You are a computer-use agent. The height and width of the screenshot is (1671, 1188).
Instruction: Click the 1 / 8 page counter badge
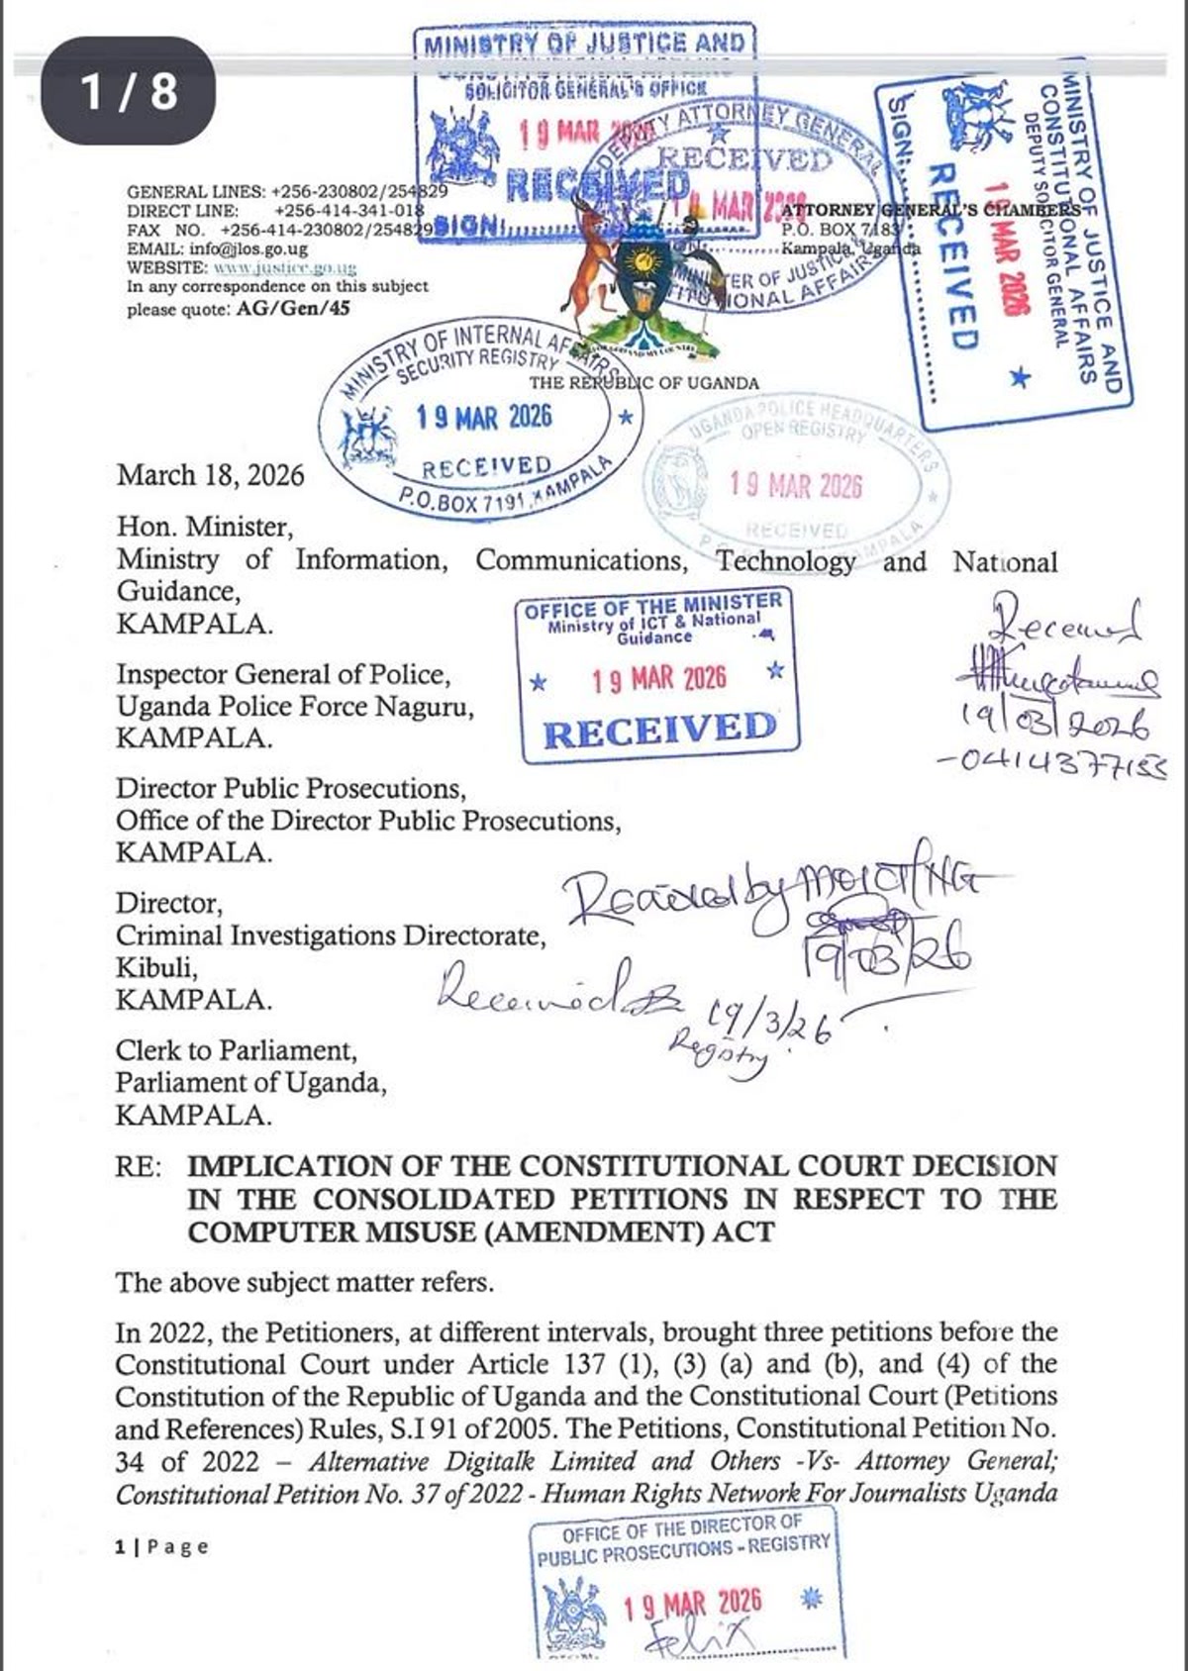(x=128, y=91)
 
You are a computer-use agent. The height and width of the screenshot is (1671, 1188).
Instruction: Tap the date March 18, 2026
(x=211, y=475)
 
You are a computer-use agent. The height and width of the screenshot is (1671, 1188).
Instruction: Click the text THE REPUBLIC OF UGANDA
(x=643, y=383)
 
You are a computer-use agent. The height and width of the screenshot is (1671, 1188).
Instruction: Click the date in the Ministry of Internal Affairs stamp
(x=484, y=417)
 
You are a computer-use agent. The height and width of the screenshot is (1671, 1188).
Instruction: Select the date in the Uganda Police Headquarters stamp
(x=796, y=485)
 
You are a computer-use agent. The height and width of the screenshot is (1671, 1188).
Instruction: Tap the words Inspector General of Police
(x=283, y=674)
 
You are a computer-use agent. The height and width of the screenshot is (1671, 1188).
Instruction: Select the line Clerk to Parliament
(x=236, y=1049)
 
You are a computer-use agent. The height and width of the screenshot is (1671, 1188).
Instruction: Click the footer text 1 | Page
(x=161, y=1546)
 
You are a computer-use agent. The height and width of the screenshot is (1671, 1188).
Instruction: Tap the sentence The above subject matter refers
(x=304, y=1283)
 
